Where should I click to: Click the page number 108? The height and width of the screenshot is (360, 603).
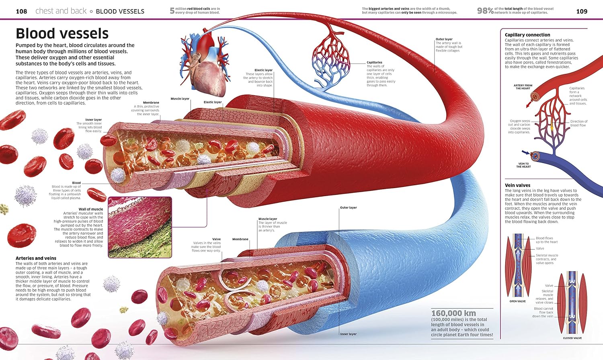pos(21,11)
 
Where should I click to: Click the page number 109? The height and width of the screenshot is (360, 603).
pos(582,11)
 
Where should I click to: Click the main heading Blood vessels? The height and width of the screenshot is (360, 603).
pos(62,33)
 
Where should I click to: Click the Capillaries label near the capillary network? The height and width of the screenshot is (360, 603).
pos(374,62)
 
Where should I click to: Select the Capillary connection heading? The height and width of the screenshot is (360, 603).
pos(527,35)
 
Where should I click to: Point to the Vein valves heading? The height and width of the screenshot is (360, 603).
pos(517,185)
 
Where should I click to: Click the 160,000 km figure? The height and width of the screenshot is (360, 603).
pos(453,313)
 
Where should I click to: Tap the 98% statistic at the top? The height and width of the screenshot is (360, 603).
pos(485,11)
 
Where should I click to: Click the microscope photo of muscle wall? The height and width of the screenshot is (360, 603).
pos(140,227)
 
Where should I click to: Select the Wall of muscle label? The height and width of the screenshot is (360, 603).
pos(91,209)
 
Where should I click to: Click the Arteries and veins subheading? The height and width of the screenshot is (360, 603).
pos(36,258)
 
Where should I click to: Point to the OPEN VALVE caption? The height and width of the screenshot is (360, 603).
pos(517,301)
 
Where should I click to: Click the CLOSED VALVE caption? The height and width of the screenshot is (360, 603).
pos(572,338)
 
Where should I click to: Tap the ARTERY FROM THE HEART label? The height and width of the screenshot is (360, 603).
pos(523,87)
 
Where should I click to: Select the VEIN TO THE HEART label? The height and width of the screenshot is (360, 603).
pos(523,165)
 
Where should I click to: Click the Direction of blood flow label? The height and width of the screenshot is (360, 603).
pos(578,123)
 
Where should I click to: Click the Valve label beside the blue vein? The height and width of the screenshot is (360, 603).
pos(216,239)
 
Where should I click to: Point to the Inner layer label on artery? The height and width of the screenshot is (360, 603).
pos(93,120)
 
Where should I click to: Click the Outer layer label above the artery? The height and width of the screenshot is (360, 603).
pos(444,39)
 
